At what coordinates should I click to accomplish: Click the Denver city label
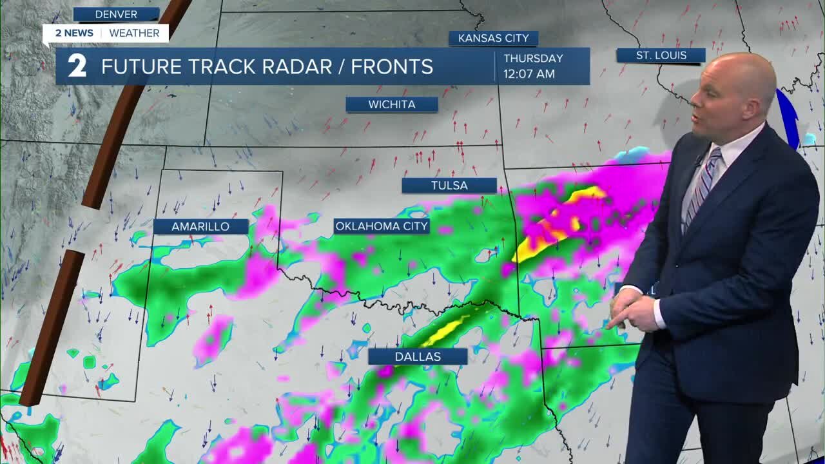click(116, 14)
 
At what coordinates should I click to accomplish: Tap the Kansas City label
click(493, 38)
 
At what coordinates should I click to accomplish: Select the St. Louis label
click(661, 55)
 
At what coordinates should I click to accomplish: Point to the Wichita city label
click(391, 104)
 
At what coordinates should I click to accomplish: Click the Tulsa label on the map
click(449, 186)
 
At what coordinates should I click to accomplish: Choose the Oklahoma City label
click(382, 226)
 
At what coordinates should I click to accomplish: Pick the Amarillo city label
click(200, 226)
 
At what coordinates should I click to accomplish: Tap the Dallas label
click(418, 356)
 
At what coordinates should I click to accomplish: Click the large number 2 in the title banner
click(77, 66)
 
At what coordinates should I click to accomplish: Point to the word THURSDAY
click(533, 58)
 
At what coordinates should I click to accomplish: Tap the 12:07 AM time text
click(529, 74)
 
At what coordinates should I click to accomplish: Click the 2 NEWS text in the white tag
click(73, 33)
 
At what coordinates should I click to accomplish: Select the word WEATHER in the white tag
click(134, 33)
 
